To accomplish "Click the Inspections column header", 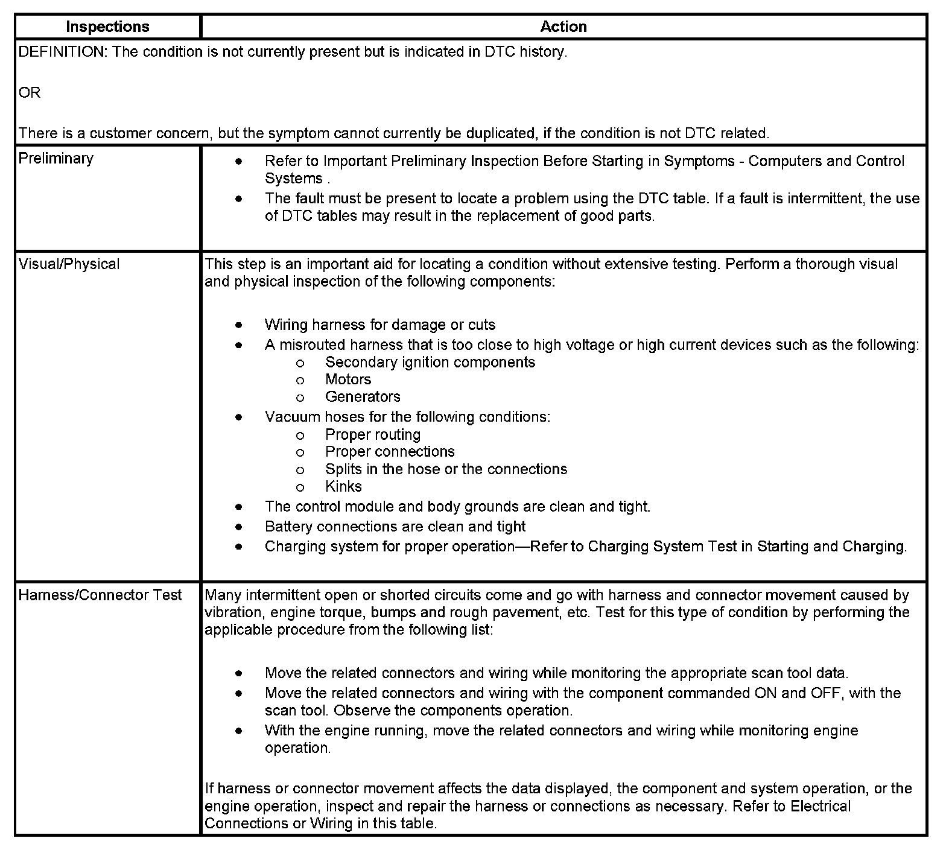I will click(107, 27).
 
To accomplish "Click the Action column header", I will click(563, 27).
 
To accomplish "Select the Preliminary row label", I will click(56, 158).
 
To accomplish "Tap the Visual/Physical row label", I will click(69, 264).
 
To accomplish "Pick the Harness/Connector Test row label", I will click(100, 595).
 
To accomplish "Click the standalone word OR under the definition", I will click(30, 93).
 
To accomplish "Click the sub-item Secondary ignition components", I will click(430, 362).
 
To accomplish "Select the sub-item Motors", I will click(348, 379).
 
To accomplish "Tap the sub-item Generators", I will click(363, 396).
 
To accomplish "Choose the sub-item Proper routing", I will click(372, 434).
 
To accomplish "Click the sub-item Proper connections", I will click(390, 451).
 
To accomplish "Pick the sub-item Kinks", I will click(343, 486).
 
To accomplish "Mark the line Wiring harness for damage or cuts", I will click(379, 325).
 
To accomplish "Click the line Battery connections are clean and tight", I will click(395, 526).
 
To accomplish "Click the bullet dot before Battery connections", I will click(240, 527).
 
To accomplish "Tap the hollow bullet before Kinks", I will click(300, 487).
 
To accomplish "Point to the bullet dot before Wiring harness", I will click(240, 325).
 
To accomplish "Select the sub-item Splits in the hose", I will click(446, 469).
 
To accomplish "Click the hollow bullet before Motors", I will click(300, 380).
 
